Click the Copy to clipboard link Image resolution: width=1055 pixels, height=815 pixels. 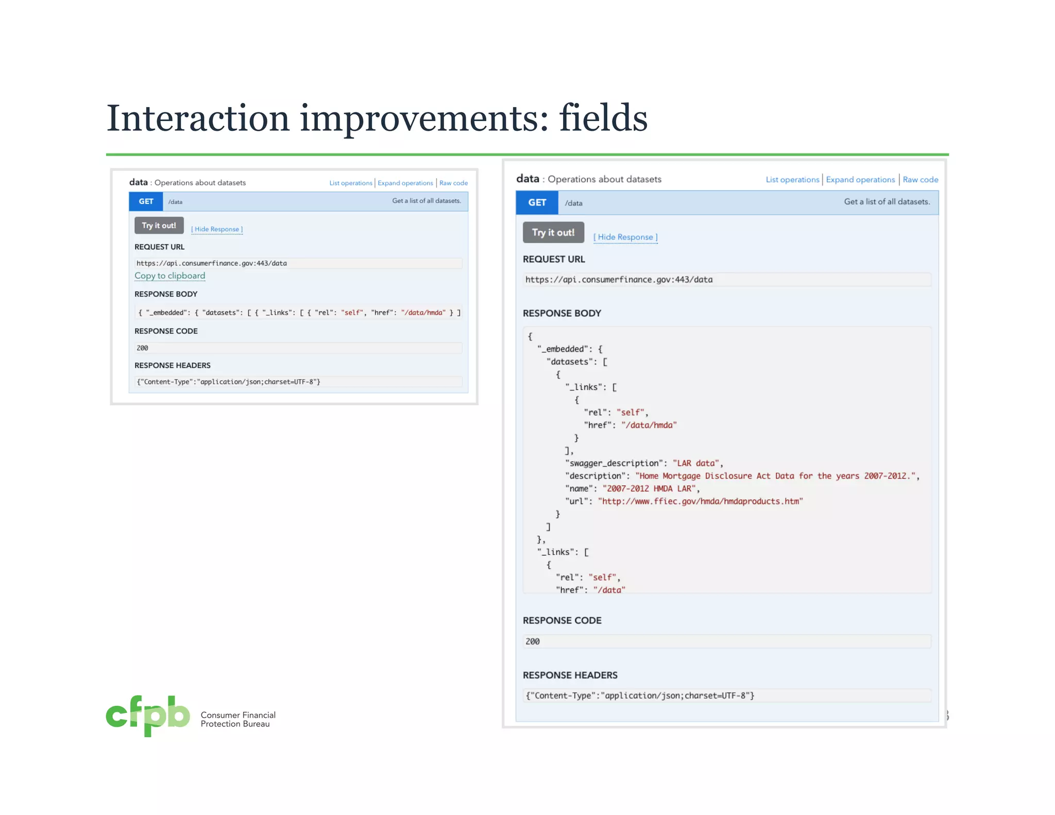[x=169, y=276]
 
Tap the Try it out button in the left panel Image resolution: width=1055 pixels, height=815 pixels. [x=159, y=226]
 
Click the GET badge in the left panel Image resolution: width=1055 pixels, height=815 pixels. [x=146, y=201]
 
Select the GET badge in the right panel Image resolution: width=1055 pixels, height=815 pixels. [x=537, y=202]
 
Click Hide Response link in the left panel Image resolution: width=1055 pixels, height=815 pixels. [x=217, y=229]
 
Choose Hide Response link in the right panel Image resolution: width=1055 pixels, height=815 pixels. [x=625, y=237]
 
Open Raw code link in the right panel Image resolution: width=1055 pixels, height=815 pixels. [x=920, y=180]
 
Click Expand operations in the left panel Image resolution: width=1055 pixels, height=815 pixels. [x=405, y=183]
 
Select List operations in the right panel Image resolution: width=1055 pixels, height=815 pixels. [x=792, y=180]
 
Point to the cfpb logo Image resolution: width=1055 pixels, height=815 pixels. [x=148, y=716]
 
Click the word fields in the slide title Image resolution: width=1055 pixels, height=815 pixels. [x=603, y=118]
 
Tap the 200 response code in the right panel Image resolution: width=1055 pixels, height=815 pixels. [x=533, y=641]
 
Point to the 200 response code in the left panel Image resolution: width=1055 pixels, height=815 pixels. [x=142, y=348]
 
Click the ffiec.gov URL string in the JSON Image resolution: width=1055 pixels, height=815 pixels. [x=700, y=501]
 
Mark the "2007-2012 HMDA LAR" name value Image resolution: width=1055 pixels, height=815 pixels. [x=651, y=488]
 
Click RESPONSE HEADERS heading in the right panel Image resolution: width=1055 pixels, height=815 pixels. [x=570, y=675]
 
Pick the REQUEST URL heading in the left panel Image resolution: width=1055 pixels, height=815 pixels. [x=159, y=247]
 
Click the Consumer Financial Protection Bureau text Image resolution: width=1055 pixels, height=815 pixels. [x=238, y=719]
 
